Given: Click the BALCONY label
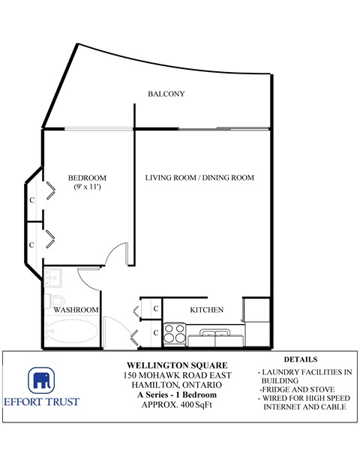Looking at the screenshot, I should coord(166,94).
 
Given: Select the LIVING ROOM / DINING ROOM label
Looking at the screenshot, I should coord(199,178).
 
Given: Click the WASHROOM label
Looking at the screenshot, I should coord(76,310).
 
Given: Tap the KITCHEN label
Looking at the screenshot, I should coord(206,310).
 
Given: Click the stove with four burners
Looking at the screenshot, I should coord(175,331).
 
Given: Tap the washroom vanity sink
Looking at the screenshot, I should coord(52,278).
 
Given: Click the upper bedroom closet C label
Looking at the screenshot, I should coord(32,200).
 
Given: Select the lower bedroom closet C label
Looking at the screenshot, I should coord(32,245).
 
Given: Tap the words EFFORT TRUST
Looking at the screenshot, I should coord(52,401).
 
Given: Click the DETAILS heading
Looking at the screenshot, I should coord(301,359).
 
